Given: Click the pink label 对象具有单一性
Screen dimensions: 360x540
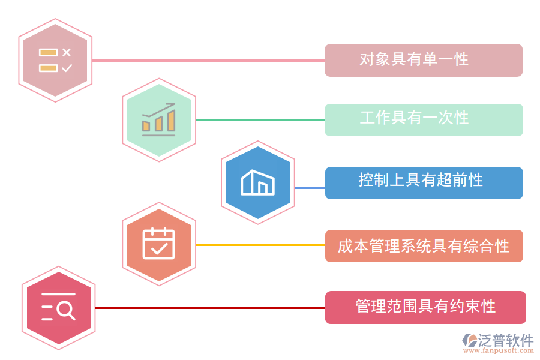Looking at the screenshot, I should [x=423, y=60].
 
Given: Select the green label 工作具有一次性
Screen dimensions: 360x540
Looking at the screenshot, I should [x=423, y=119].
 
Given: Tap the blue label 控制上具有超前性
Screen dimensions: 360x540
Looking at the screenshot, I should [x=423, y=182].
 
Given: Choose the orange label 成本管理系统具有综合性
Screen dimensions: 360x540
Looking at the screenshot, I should [x=423, y=245].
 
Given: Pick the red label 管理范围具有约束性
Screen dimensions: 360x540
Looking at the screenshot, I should [x=425, y=307].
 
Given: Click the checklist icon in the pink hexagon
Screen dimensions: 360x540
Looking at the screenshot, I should [x=55, y=60].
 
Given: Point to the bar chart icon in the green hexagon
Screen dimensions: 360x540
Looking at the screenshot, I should [x=158, y=120].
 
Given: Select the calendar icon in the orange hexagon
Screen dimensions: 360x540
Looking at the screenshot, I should [x=158, y=244].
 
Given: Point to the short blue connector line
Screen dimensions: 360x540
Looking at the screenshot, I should [x=310, y=188].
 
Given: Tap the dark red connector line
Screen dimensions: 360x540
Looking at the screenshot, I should [x=210, y=308].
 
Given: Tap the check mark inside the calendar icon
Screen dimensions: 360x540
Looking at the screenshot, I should [x=159, y=247].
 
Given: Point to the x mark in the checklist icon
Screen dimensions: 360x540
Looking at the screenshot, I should [x=67, y=52].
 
